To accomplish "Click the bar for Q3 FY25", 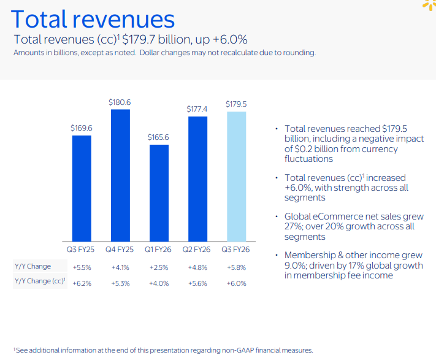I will coord(82,188).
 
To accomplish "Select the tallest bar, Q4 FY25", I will coord(120,175).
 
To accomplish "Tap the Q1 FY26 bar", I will coord(159,193).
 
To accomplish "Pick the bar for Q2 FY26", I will coord(197,178).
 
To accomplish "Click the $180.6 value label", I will coord(120,102).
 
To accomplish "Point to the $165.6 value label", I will coord(158,138).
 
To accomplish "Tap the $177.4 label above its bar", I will coord(197,109).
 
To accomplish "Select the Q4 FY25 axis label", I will coord(120,250).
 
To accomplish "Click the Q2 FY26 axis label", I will coord(197,250).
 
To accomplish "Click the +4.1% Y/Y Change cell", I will coord(120,267).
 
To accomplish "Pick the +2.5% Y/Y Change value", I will coord(158,267).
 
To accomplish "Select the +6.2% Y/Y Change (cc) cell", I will coord(82,283).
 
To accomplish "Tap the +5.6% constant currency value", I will coord(197,283).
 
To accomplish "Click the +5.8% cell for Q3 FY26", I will coord(236,267).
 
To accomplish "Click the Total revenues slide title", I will coord(93,20).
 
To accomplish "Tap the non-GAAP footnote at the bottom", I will coord(163,350).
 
